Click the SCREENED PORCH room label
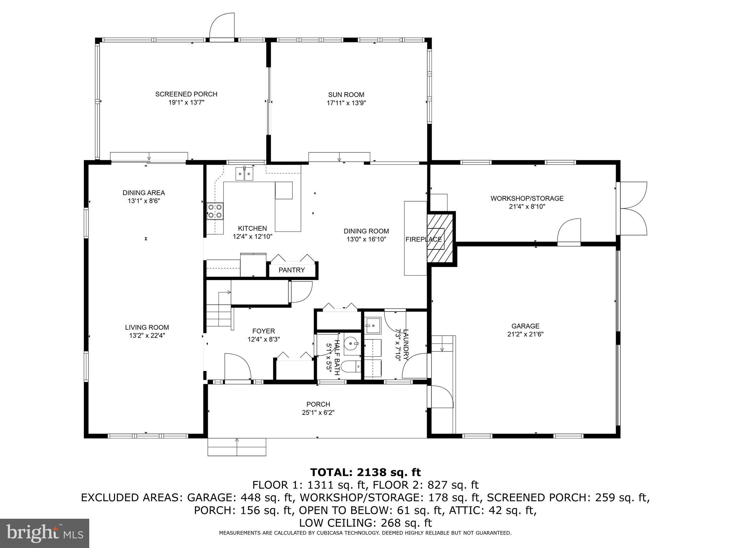(x=186, y=94)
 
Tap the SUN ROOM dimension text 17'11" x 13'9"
(x=346, y=103)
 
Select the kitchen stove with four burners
(x=215, y=210)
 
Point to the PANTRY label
(x=292, y=270)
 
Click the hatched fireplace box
(x=440, y=238)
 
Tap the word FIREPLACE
(x=423, y=239)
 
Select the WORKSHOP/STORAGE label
(x=526, y=198)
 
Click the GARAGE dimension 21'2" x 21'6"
(x=525, y=334)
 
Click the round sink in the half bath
(x=353, y=344)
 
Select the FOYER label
(x=263, y=331)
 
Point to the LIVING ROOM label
(x=147, y=327)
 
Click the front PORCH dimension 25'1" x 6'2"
(x=318, y=412)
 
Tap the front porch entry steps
(x=237, y=447)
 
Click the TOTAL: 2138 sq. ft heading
(x=365, y=472)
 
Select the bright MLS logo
(x=45, y=533)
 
